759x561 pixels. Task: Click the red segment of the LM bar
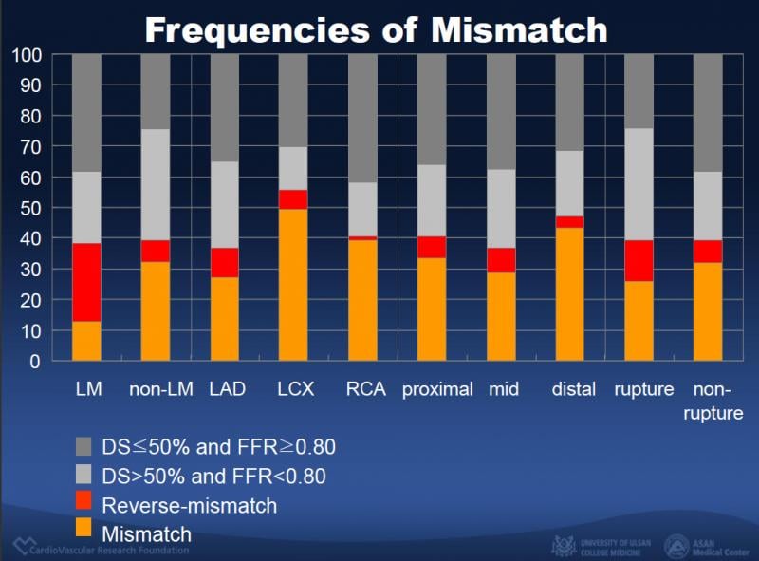pos(86,282)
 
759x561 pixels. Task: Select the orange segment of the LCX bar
pos(293,285)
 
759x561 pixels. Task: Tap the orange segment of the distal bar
pos(569,294)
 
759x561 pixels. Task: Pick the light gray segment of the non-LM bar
pos(156,184)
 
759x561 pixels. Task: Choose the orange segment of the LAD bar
pos(225,318)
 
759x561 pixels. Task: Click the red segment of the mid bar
pos(501,260)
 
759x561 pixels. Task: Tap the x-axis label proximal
pos(436,390)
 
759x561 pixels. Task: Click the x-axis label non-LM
pos(161,390)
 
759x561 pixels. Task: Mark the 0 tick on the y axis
pos(36,362)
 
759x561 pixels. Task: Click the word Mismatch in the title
pos(519,29)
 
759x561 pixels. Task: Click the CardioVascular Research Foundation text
pos(109,549)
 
